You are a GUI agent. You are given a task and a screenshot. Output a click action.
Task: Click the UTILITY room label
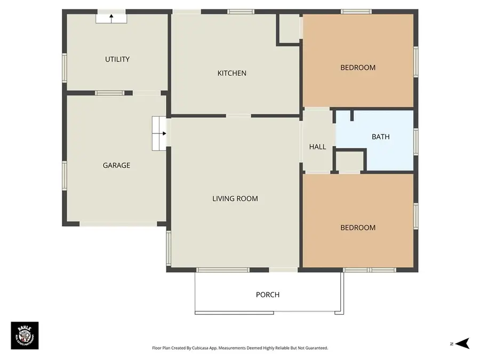pyautogui.click(x=117, y=59)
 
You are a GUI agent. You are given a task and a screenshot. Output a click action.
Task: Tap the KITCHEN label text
pyautogui.click(x=231, y=73)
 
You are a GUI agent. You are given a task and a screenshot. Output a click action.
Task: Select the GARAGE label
pyautogui.click(x=116, y=165)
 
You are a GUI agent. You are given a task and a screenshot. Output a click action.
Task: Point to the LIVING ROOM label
pyautogui.click(x=235, y=199)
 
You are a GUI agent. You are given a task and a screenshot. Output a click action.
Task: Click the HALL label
pyautogui.click(x=317, y=147)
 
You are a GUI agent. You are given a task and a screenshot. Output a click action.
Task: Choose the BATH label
pyautogui.click(x=380, y=137)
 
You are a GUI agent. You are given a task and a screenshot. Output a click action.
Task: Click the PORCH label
pyautogui.click(x=267, y=294)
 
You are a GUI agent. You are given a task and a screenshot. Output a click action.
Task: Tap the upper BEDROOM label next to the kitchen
pyautogui.click(x=358, y=68)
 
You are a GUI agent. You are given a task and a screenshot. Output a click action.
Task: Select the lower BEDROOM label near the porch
pyautogui.click(x=358, y=228)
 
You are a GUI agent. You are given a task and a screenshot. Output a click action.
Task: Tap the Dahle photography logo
pyautogui.click(x=25, y=335)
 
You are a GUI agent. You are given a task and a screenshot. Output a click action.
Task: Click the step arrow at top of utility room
pyautogui.click(x=111, y=18)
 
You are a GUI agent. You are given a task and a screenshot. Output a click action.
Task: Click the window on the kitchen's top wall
pyautogui.click(x=241, y=11)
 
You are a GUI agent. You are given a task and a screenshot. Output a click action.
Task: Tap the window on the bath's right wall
pyautogui.click(x=415, y=141)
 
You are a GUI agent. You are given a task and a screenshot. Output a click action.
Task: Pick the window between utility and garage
pyautogui.click(x=110, y=93)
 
